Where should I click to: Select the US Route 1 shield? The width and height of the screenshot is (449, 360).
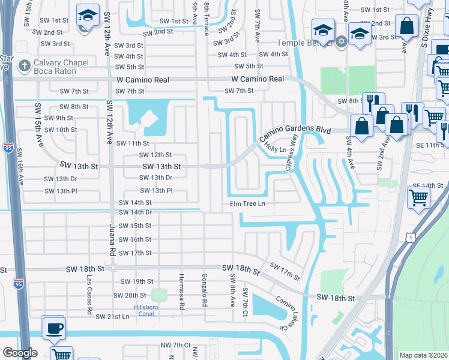pos(409,238)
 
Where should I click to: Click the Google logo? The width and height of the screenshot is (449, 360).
pos(20,353)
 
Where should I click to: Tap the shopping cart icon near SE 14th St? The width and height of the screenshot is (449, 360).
pos(418,197)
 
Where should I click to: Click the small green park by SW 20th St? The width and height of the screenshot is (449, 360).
pos(158,295)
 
